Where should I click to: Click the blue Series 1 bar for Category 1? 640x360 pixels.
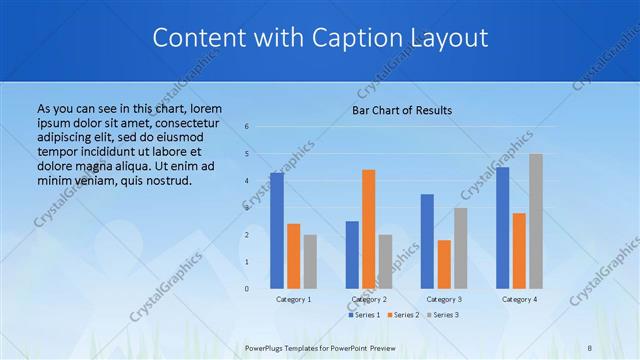pos(276,231)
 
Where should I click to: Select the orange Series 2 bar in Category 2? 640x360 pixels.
pos(368,229)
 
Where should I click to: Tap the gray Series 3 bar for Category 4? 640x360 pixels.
pos(536,221)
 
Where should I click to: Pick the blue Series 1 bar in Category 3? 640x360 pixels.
pos(427,241)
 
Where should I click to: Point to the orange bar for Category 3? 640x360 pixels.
pos(444,264)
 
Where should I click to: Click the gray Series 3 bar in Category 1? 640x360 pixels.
pos(310,261)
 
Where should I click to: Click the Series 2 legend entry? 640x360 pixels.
pos(404,315)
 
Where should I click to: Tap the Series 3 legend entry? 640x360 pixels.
pos(443,315)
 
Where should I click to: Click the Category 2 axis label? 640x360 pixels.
pos(369,299)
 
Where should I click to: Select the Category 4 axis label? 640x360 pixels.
pos(519,299)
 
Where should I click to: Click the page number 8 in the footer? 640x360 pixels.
pos(590,347)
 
